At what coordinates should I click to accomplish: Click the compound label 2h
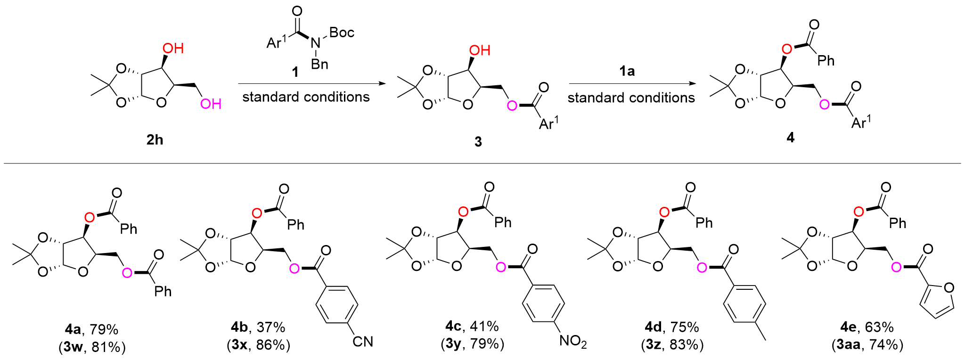[155, 140]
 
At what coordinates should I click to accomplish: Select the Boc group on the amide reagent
[342, 33]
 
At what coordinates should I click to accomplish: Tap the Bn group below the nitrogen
[319, 64]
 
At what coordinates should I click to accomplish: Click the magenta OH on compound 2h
[211, 104]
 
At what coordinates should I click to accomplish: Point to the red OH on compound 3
[480, 50]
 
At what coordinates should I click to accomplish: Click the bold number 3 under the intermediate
[478, 142]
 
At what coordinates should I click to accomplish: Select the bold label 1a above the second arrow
[627, 71]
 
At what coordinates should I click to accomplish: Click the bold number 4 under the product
[790, 138]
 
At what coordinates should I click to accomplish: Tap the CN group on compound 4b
[362, 342]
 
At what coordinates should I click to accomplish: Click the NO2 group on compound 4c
[572, 342]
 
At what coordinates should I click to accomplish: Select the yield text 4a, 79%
[92, 328]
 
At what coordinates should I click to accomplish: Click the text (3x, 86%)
[258, 345]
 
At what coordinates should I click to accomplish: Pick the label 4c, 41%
[472, 326]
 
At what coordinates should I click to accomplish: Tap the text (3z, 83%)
[672, 345]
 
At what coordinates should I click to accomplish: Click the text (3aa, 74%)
[867, 345]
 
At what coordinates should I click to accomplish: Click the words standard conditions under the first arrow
[306, 97]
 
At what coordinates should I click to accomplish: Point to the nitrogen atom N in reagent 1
[316, 43]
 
